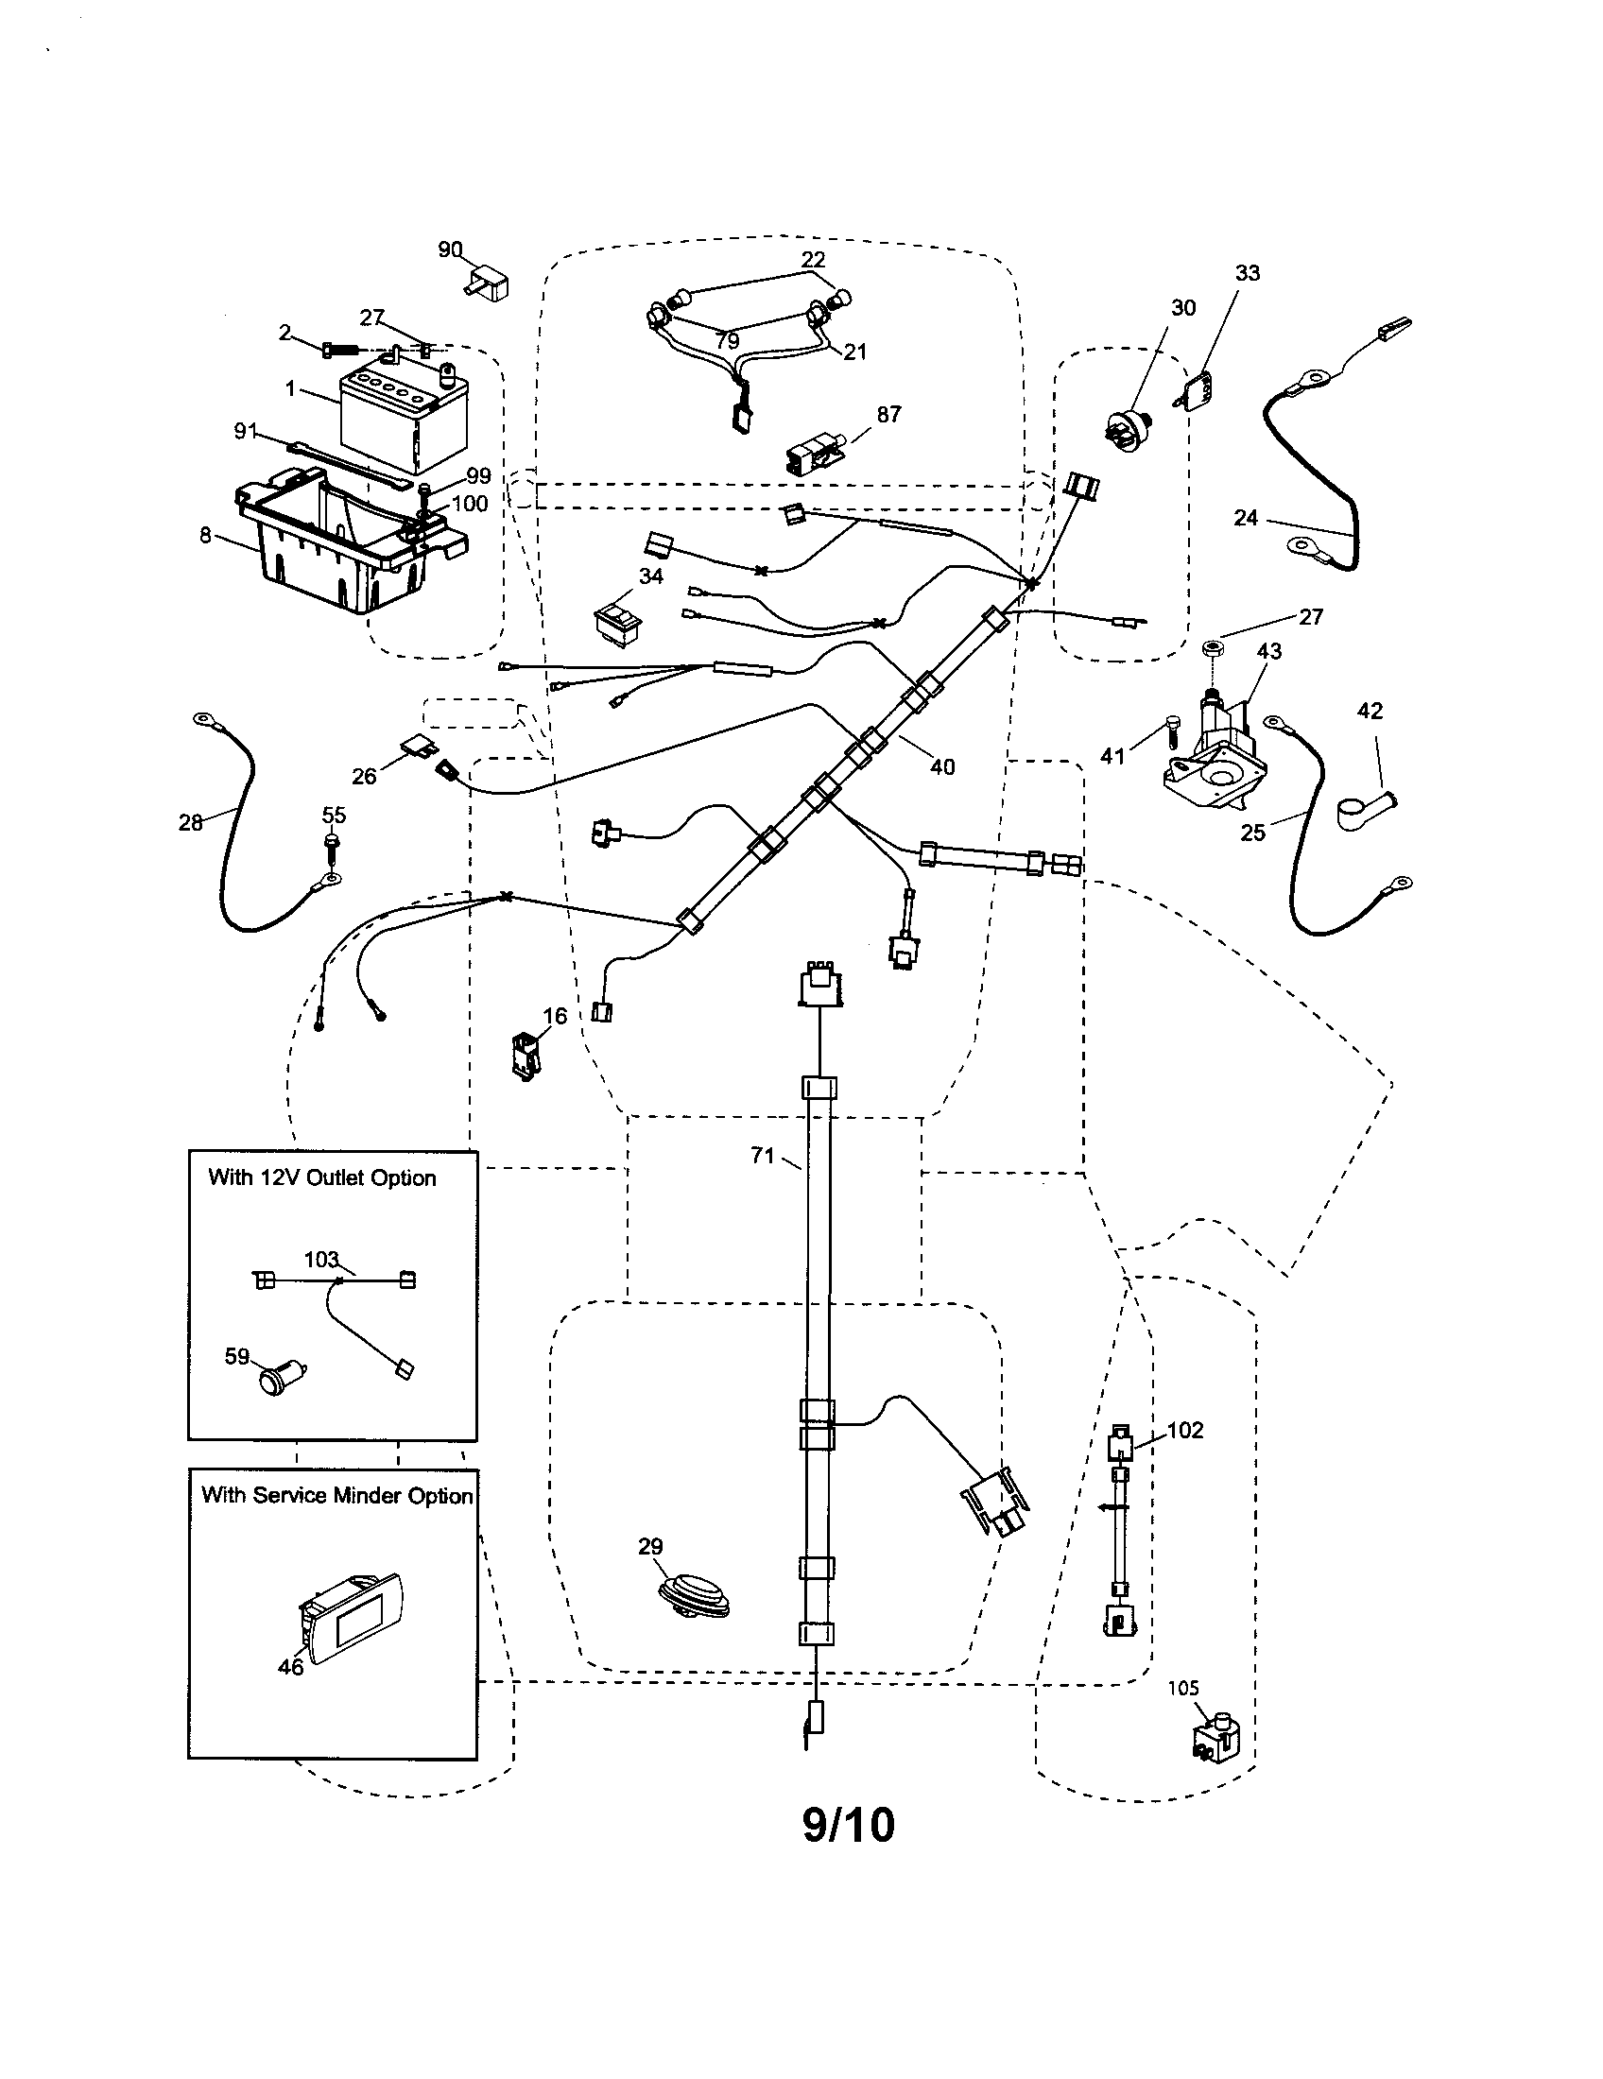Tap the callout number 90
(450, 249)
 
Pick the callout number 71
(763, 1157)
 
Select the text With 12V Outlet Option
(321, 1178)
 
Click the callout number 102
(1185, 1430)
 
